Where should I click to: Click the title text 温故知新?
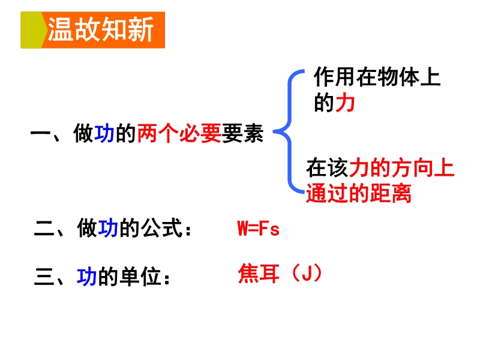pyautogui.click(x=100, y=29)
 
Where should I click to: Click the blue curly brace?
pyautogui.click(x=289, y=131)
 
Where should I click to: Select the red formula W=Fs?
pyautogui.click(x=259, y=229)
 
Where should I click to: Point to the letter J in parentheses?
pyautogui.click(x=307, y=273)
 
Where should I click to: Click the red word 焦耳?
pyautogui.click(x=259, y=274)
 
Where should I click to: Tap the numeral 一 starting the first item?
pyautogui.click(x=40, y=133)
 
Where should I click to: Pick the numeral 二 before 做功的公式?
pyautogui.click(x=44, y=228)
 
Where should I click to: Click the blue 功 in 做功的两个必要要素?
pyautogui.click(x=104, y=133)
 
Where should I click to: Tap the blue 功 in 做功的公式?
pyautogui.click(x=108, y=228)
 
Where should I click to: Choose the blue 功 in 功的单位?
pyautogui.click(x=86, y=277)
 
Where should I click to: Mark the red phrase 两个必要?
pyautogui.click(x=179, y=133)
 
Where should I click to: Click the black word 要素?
pyautogui.click(x=242, y=133)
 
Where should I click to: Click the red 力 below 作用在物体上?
pyautogui.click(x=346, y=103)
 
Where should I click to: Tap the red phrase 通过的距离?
pyautogui.click(x=358, y=193)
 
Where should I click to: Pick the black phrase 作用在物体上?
pyautogui.click(x=377, y=77)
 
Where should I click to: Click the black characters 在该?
pyautogui.click(x=327, y=168)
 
